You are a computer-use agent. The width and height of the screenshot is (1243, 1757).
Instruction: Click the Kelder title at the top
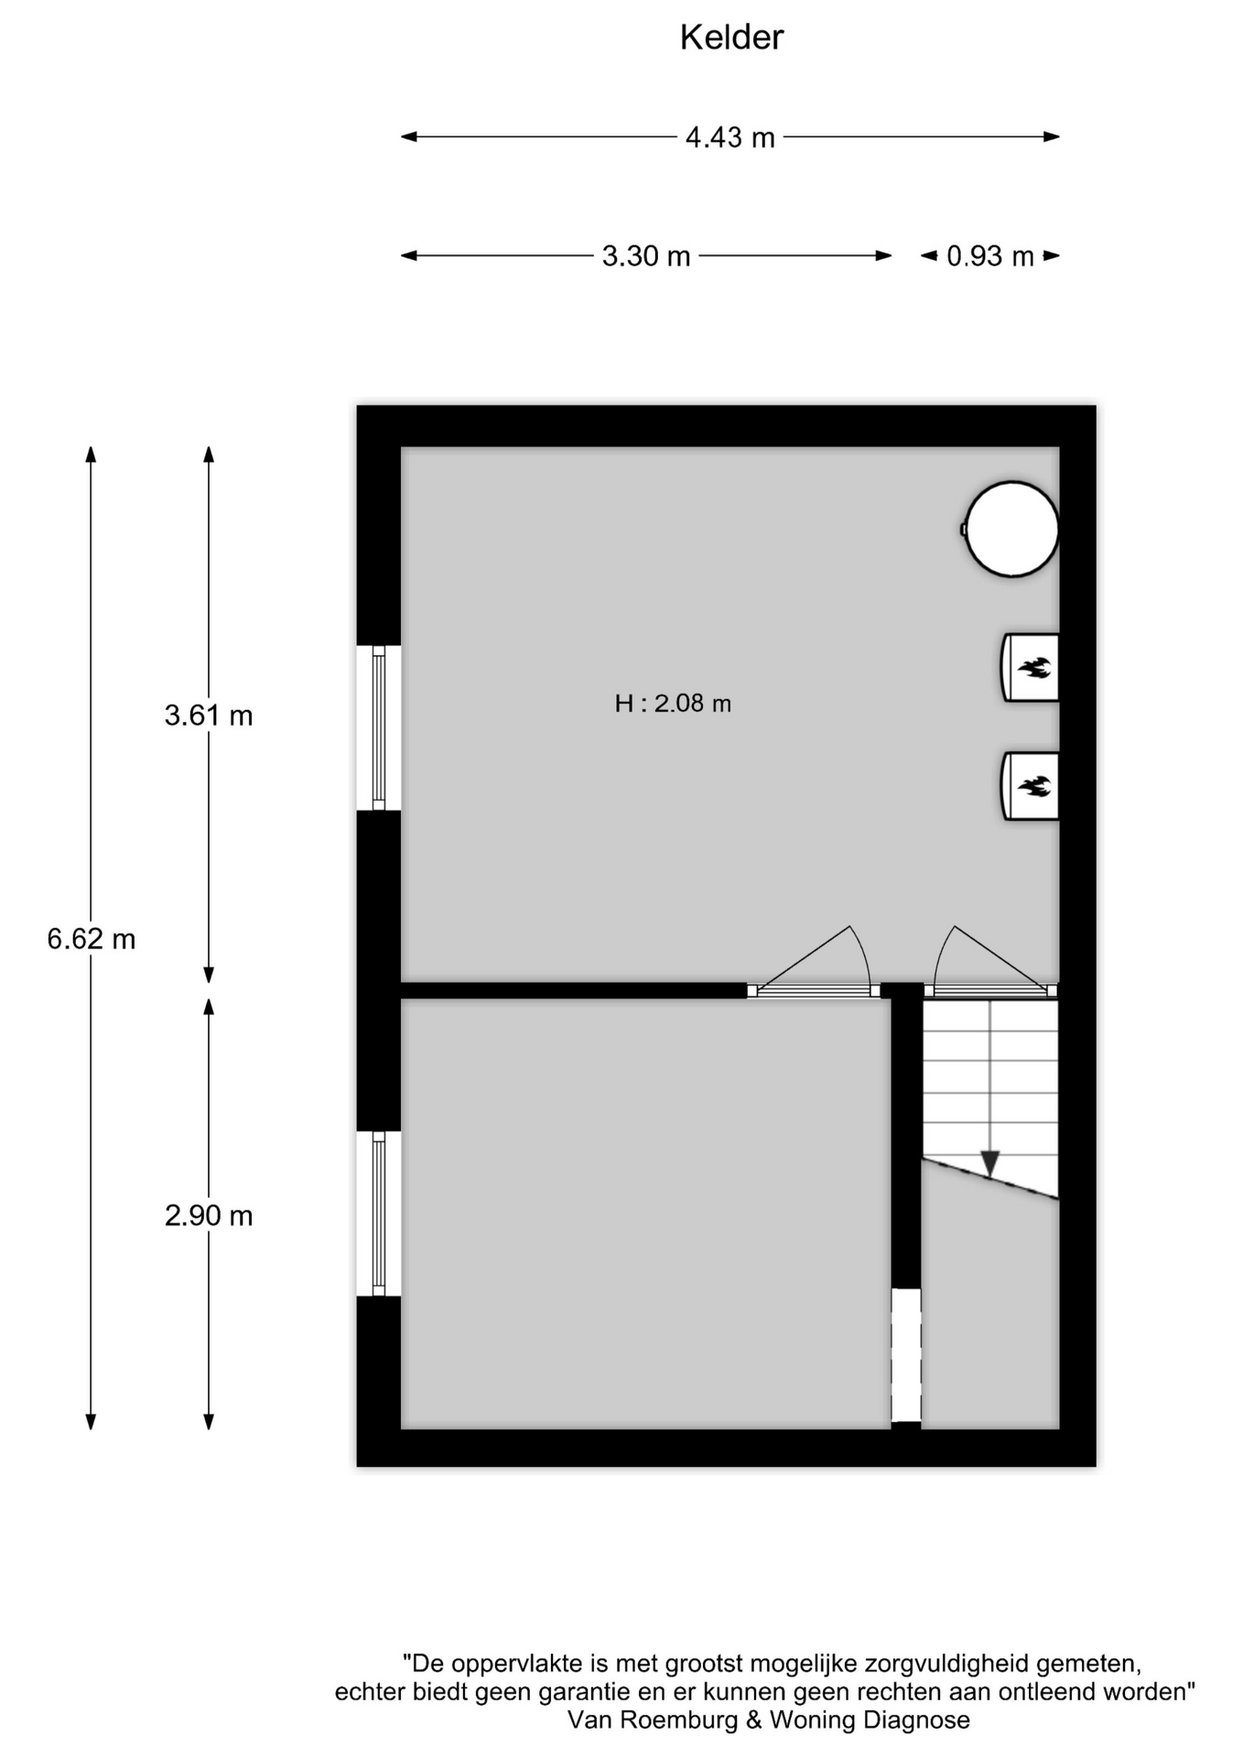(731, 38)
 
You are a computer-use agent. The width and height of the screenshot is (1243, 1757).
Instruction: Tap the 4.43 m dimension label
(730, 137)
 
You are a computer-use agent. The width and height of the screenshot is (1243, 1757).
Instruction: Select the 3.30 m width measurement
(646, 256)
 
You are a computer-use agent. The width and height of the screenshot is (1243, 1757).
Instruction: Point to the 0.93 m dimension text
(990, 256)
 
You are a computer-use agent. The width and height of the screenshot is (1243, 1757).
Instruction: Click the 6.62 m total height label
(92, 939)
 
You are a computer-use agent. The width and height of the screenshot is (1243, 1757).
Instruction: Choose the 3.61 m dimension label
(209, 716)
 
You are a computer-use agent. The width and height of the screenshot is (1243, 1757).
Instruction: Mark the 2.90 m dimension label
(209, 1216)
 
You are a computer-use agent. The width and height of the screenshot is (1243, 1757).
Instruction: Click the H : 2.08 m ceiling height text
(673, 704)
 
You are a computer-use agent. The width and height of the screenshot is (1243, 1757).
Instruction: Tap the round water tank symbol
(1011, 529)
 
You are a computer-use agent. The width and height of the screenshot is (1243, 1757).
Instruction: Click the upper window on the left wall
(379, 728)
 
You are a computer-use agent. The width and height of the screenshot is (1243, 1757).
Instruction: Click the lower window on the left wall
(379, 1214)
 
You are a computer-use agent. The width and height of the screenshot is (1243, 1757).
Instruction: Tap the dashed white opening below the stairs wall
(906, 1355)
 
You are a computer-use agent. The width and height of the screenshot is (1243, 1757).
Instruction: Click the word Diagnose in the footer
(915, 1720)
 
